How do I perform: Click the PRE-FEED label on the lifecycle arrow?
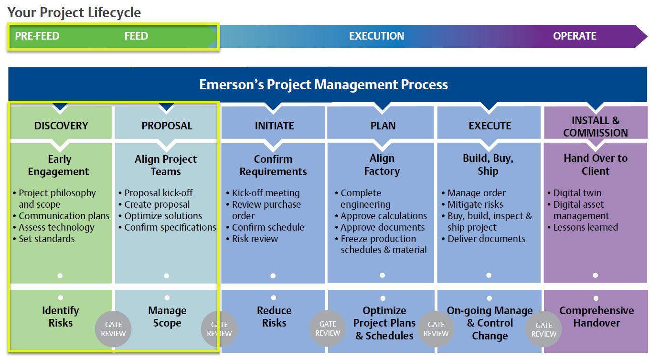point(37,36)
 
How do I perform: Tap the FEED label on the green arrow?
point(136,36)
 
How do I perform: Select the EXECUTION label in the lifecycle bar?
point(376,36)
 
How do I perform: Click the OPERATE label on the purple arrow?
point(575,36)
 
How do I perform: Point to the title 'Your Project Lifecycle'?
point(74,13)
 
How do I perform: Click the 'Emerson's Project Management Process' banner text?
point(323,85)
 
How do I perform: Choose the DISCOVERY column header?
point(61,126)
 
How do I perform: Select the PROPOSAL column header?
point(167,126)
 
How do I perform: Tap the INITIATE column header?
point(274,126)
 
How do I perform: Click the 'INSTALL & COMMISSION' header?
point(596,127)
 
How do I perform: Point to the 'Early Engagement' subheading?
point(59,165)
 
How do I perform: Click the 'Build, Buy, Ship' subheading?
point(488,165)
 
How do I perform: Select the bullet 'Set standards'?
point(46,239)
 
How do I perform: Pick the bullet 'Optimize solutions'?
point(163,216)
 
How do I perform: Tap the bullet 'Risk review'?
point(255,239)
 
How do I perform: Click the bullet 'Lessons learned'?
point(585,227)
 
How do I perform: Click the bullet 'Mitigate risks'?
point(475,204)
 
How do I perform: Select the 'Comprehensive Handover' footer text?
point(596,317)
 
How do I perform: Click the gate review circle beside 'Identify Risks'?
point(113,329)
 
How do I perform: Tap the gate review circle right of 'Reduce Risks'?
point(328,328)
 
